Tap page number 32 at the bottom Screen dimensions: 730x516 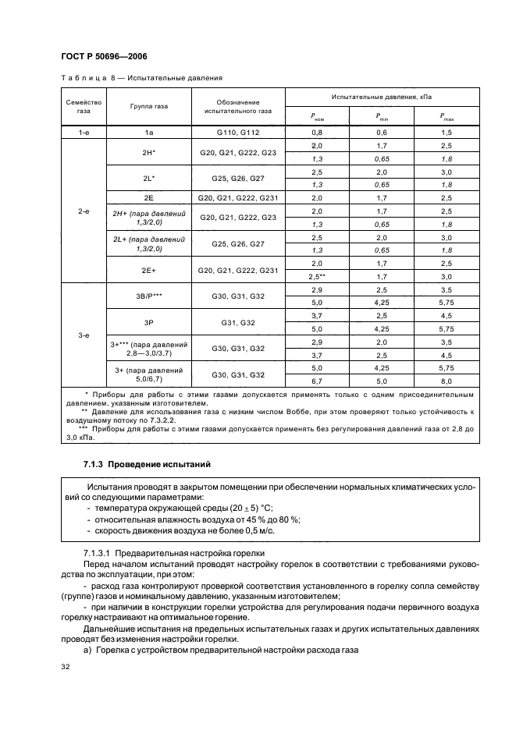point(65,667)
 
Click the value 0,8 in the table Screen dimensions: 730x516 point(317,133)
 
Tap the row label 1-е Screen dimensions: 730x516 point(84,133)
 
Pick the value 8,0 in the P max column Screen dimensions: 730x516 point(446,381)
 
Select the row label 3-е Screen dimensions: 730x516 point(84,335)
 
